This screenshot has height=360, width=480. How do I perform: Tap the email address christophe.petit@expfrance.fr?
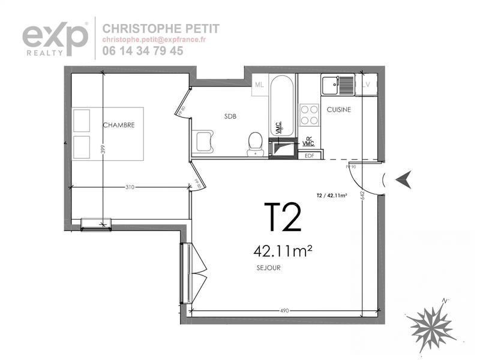tap(154, 40)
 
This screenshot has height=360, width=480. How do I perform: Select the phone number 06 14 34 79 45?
tap(143, 51)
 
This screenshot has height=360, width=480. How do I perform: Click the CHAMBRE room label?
tap(118, 125)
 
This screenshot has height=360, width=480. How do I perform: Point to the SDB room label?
tap(230, 116)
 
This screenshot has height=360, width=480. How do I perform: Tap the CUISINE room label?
tap(338, 110)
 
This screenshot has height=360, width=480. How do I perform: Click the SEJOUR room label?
tap(268, 268)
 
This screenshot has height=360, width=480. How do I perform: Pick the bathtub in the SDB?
tap(282, 105)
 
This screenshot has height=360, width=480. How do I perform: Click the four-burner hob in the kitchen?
tap(309, 114)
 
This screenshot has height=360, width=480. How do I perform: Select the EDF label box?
tap(310, 155)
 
